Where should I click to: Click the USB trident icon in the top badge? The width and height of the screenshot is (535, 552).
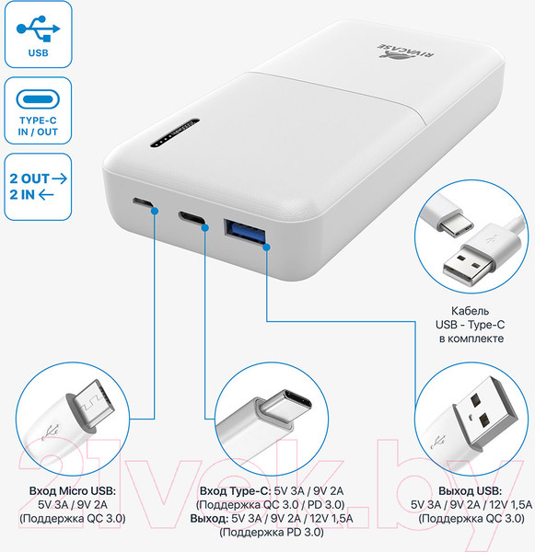38,29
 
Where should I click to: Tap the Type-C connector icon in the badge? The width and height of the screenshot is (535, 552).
38,99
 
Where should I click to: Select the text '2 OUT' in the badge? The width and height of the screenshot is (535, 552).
29,178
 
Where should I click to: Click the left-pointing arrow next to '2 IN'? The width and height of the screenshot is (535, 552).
46,194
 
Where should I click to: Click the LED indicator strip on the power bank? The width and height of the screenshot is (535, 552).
175,133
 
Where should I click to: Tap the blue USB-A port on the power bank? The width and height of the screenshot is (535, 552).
244,231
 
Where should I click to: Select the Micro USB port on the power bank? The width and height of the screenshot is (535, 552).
143,202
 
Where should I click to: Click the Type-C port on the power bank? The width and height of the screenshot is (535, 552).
192,217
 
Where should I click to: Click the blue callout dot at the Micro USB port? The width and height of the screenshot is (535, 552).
154,211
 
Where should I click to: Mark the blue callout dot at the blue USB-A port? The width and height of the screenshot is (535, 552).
266,247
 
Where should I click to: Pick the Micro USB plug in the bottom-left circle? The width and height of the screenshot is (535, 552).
91,406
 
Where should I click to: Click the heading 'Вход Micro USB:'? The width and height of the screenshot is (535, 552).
72,490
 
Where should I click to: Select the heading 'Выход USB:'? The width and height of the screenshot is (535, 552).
471,490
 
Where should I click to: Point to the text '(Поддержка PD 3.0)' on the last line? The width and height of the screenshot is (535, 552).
272,532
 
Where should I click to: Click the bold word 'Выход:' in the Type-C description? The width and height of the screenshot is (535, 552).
209,518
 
